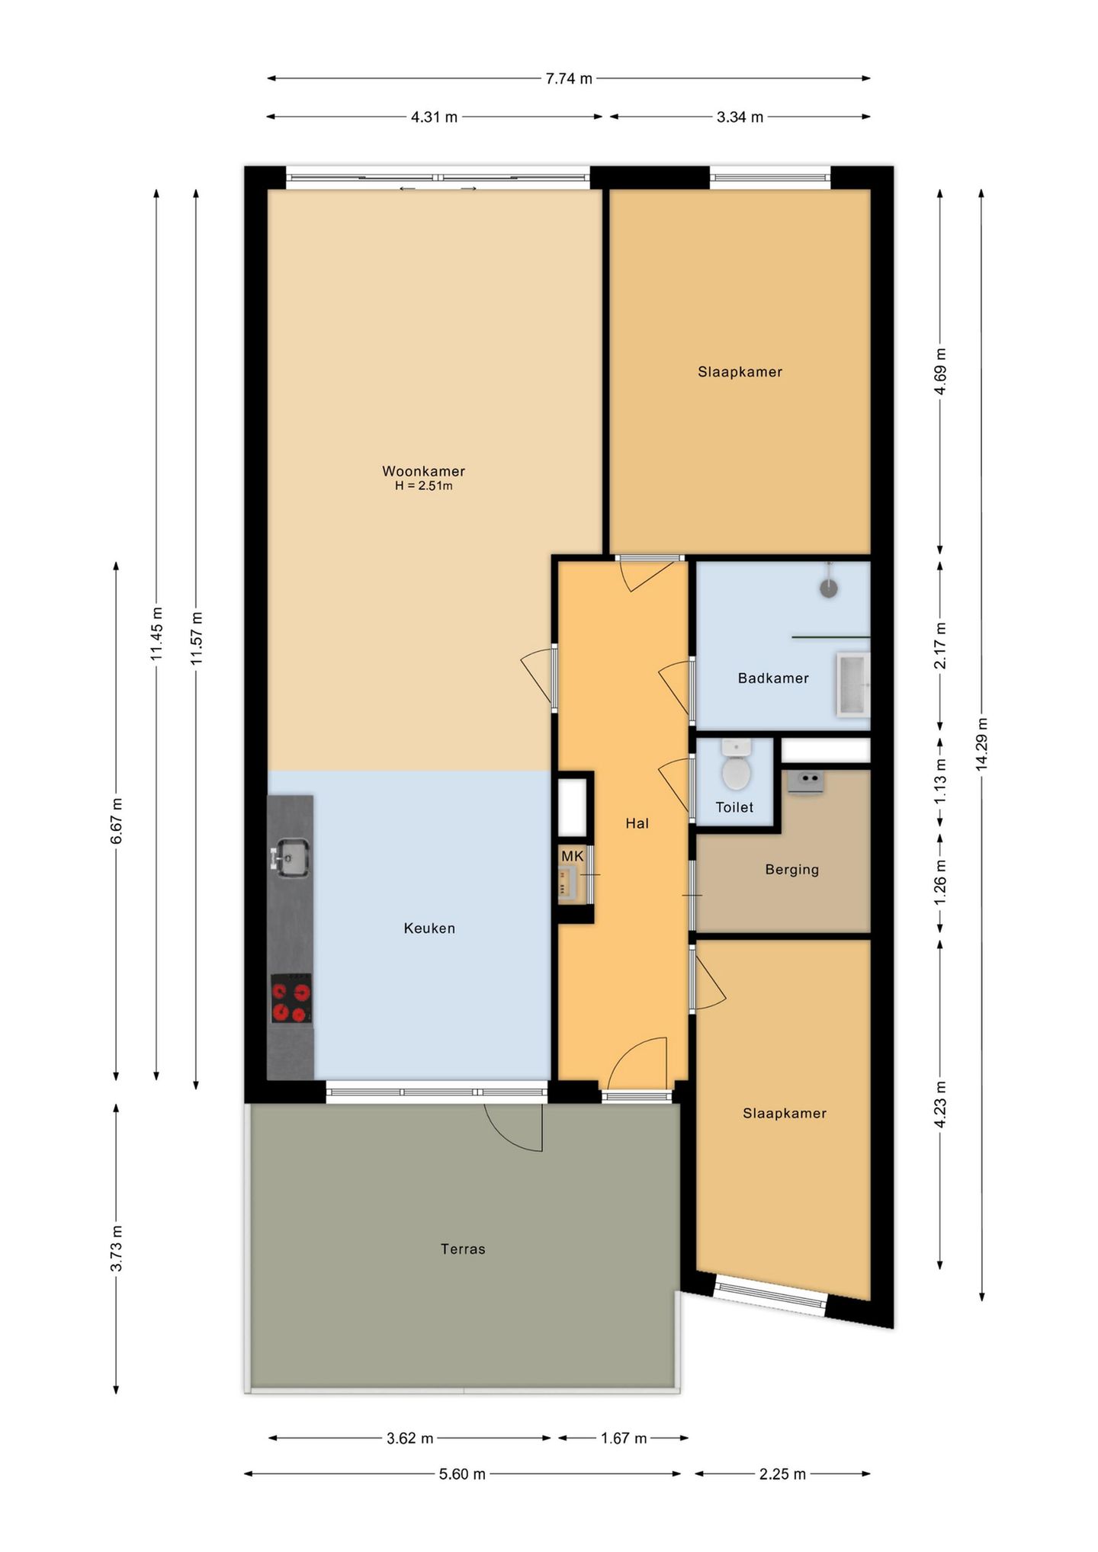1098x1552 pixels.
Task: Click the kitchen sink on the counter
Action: click(x=291, y=857)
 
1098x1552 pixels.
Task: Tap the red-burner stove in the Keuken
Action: click(x=291, y=999)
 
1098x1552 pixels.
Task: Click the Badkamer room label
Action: click(x=772, y=678)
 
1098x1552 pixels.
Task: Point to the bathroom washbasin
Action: click(x=853, y=685)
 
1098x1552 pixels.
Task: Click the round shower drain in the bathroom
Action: click(x=828, y=588)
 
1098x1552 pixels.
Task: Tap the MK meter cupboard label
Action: click(x=572, y=857)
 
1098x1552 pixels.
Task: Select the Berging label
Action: click(x=791, y=869)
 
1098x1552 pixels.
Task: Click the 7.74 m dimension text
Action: click(x=569, y=79)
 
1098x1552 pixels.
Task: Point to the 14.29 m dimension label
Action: click(x=982, y=744)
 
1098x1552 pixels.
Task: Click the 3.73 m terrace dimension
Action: click(x=116, y=1249)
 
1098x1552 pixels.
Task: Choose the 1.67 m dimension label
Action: click(x=623, y=1438)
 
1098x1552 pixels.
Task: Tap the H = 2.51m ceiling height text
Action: click(x=423, y=486)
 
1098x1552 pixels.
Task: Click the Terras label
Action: click(x=463, y=1249)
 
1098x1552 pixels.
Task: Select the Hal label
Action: click(x=637, y=823)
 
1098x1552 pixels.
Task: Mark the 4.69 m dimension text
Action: click(x=940, y=371)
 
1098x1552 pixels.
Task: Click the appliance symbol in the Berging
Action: click(x=805, y=781)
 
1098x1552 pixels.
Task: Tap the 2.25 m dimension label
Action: click(x=782, y=1474)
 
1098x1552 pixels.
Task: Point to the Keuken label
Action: click(x=429, y=928)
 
